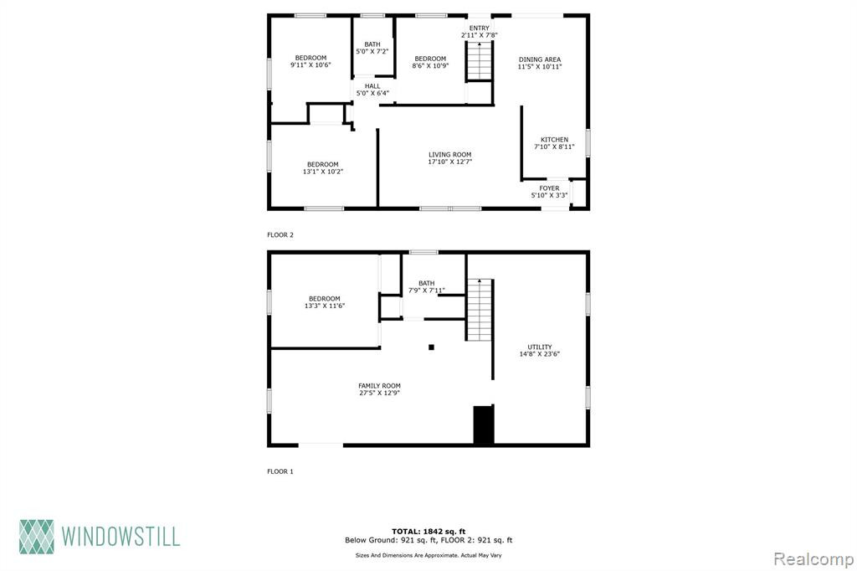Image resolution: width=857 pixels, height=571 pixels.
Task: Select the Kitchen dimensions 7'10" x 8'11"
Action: pos(554,147)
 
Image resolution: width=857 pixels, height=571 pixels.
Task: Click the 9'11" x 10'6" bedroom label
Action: pos(310,61)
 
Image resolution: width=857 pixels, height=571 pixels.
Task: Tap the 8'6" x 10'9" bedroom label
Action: pos(430,62)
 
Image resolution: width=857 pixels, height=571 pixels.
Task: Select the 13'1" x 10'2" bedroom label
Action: pos(322,168)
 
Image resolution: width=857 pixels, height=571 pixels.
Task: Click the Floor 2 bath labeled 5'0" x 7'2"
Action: pos(372,48)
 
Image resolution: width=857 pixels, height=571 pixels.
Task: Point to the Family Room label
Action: pos(379,388)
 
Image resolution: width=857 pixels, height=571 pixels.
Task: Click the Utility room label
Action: pos(540,350)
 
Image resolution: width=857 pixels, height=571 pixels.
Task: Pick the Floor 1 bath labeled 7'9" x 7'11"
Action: pos(426,286)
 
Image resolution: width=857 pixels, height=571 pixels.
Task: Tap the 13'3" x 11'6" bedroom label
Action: pos(325,302)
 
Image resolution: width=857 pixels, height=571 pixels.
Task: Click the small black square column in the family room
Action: pos(431,347)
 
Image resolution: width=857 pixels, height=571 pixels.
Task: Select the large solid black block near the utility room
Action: pos(484,424)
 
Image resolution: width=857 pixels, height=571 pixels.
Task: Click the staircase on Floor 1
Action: pos(480,310)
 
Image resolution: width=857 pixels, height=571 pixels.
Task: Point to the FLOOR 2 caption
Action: pos(280,234)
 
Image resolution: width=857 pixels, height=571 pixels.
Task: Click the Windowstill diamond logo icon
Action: pos(37,537)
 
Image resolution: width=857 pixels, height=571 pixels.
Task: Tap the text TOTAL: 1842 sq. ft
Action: pos(428,531)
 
